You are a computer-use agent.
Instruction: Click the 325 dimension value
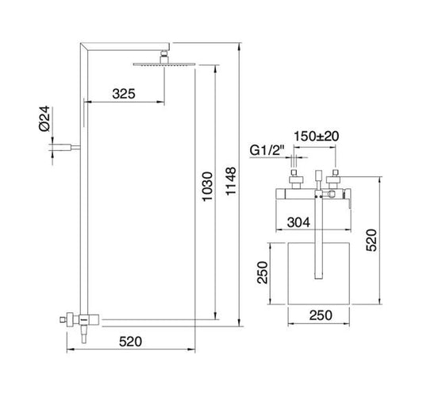[x=122, y=94]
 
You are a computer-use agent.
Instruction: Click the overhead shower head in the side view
[x=163, y=64]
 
